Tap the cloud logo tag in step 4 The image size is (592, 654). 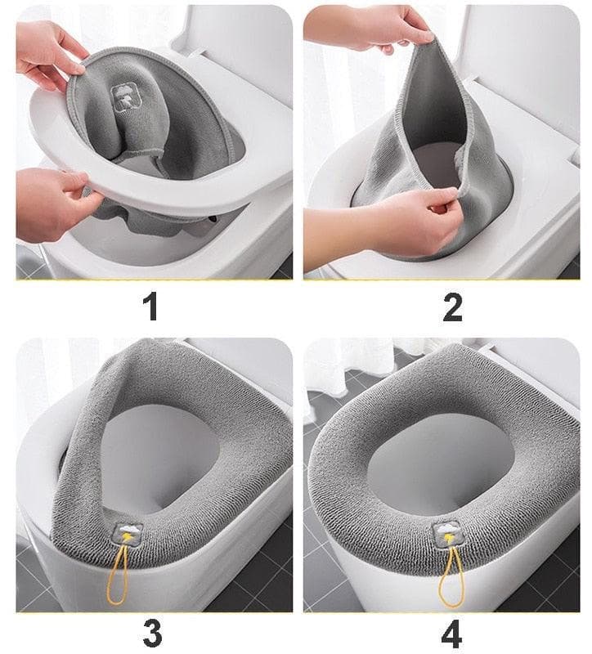447,535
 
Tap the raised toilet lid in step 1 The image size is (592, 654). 237,41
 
